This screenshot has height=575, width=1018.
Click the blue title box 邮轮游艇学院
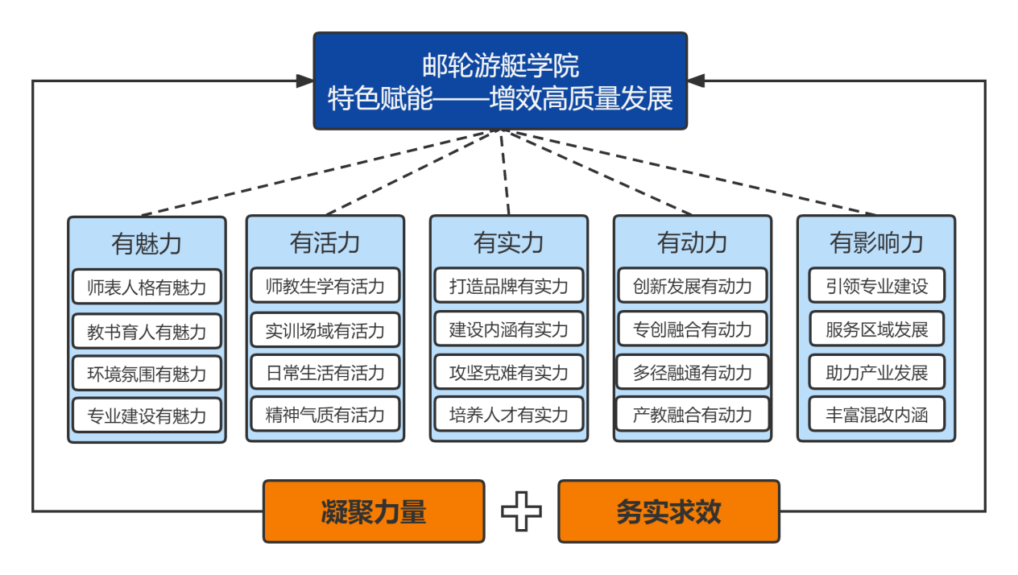500,81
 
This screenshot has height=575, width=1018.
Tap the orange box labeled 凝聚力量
374,511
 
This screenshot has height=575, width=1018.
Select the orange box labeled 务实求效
668,511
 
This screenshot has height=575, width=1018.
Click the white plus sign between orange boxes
521,512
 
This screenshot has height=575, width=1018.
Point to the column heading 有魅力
147,243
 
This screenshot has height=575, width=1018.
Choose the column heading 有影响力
876,242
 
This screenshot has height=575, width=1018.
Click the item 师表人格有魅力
147,287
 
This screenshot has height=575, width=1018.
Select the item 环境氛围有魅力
147,374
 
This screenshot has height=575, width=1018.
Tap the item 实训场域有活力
325,330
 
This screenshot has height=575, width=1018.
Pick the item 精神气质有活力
325,416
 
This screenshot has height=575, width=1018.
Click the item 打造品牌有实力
509,286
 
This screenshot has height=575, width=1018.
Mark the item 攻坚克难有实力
509,373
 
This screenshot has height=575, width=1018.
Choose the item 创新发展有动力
693,286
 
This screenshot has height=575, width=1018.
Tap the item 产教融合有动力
693,416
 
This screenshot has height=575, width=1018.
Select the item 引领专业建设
876,286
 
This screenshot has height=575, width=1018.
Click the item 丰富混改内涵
876,416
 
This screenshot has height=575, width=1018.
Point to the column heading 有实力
509,242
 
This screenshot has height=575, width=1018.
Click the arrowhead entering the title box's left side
304,81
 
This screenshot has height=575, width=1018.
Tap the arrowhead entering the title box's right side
697,81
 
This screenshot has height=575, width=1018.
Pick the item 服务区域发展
876,329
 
